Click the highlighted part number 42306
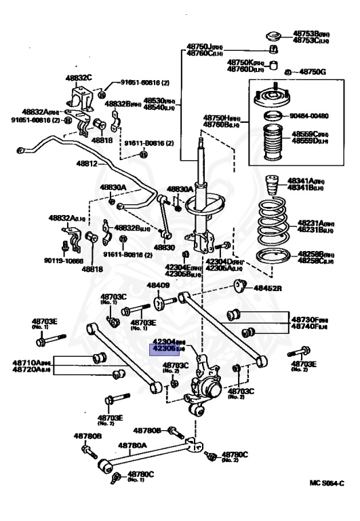coord(164,349)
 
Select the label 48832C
coord(78,77)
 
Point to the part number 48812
coord(87,164)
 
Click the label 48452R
coord(268,288)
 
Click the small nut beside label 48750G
coord(287,71)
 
